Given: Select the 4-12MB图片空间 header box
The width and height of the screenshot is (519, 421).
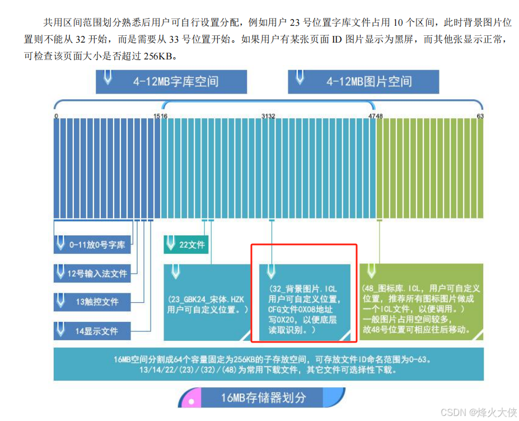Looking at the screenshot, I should click(x=363, y=81).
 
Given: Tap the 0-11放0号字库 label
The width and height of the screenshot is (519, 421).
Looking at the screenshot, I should click(x=92, y=244).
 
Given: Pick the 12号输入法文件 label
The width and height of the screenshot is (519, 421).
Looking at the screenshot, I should click(x=92, y=274).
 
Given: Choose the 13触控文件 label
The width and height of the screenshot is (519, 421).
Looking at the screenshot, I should click(x=92, y=302).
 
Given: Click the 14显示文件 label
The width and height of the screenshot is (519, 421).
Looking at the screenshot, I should click(x=92, y=331).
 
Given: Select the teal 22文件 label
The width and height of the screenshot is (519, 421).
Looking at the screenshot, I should click(x=186, y=244).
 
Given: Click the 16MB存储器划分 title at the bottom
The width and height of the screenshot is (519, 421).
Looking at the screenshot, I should click(x=263, y=398).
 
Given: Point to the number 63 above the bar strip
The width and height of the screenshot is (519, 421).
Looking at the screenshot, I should click(x=480, y=116).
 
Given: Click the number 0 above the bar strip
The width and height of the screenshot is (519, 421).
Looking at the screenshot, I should click(x=57, y=116).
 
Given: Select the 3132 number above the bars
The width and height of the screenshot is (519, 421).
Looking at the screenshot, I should click(x=268, y=116).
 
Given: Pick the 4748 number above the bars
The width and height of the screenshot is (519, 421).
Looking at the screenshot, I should click(x=376, y=116).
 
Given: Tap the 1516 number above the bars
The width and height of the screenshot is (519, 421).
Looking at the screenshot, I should click(x=161, y=116).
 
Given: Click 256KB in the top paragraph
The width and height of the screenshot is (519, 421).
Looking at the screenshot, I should click(x=158, y=55).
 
